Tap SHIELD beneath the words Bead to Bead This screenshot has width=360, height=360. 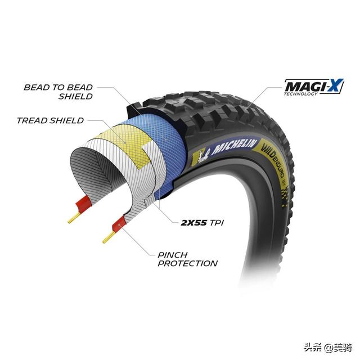pos(76,96)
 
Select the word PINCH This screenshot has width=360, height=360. pos(173,254)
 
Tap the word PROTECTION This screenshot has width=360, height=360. pos(188,263)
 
